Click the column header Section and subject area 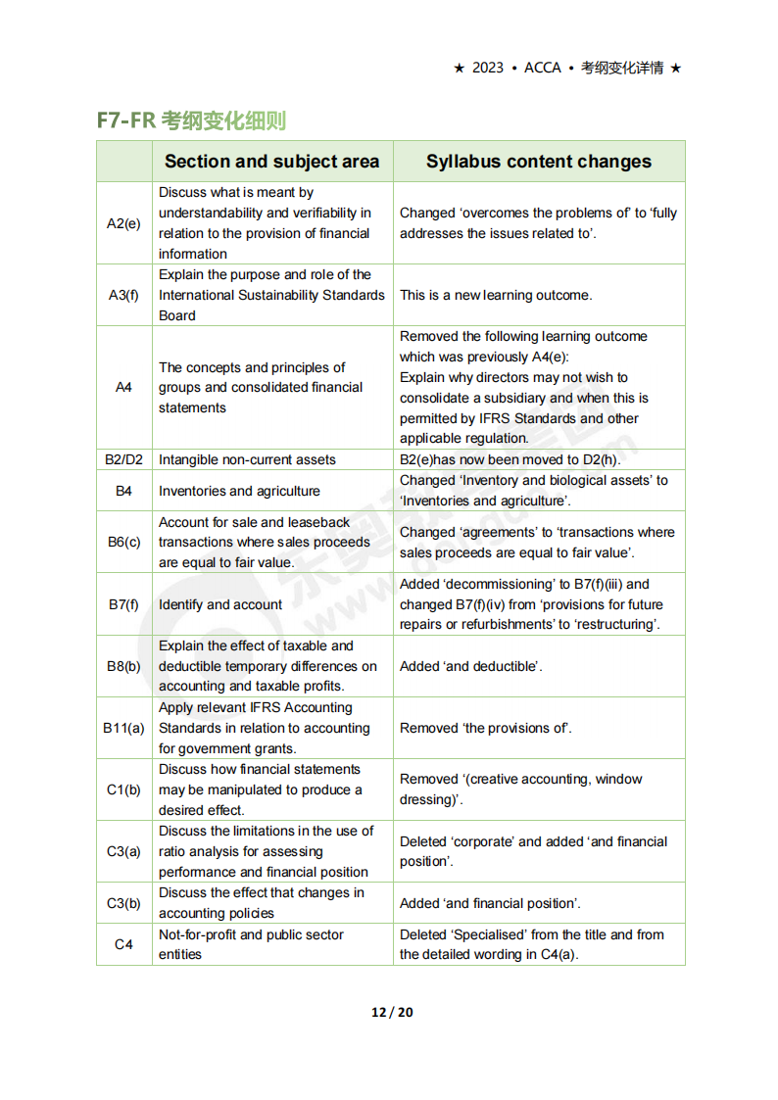coord(271,162)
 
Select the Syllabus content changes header coord(538,162)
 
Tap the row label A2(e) coord(123,223)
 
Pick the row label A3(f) coord(123,295)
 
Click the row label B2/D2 coord(123,459)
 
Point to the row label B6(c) coord(123,542)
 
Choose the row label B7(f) coord(123,604)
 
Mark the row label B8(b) coord(123,666)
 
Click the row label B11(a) coord(123,728)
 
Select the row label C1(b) coord(123,789)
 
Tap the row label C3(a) coord(123,851)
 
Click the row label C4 coord(123,944)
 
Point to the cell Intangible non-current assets coord(247,459)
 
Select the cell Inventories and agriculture coord(239,491)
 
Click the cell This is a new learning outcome coord(496,295)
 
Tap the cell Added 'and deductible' coord(471,666)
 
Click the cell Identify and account coord(220,604)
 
